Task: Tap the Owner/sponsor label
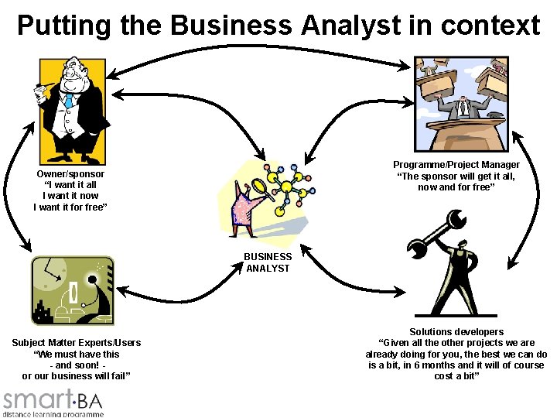70,174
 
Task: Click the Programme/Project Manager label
456,165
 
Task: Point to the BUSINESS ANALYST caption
268,262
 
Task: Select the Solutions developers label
456,332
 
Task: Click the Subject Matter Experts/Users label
77,343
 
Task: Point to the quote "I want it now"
70,196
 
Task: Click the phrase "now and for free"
456,187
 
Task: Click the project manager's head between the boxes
462,101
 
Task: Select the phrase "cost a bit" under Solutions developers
456,375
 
